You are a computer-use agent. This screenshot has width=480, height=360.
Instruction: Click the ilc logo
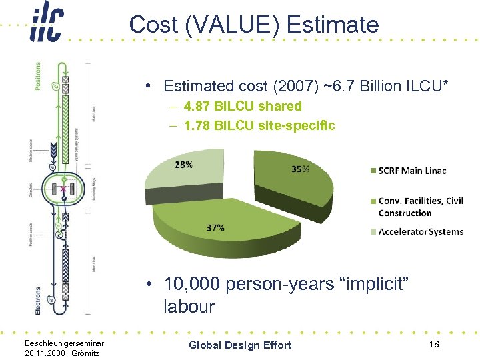(x=46, y=25)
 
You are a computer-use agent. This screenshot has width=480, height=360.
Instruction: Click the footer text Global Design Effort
(x=240, y=345)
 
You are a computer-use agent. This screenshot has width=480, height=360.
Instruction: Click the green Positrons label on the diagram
(x=37, y=77)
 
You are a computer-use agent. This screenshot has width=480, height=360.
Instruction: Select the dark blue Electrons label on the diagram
(x=37, y=301)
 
